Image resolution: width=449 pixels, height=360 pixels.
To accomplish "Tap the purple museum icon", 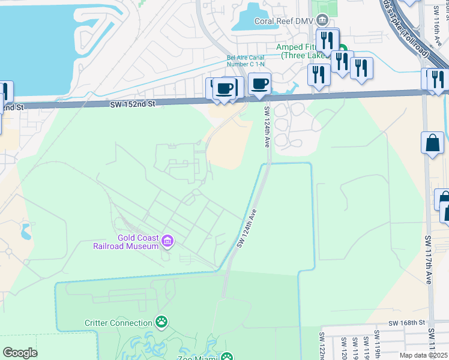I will [x=167, y=242].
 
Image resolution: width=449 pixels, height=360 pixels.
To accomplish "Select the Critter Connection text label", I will [x=118, y=323].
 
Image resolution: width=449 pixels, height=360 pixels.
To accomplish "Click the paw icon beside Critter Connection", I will [x=161, y=323].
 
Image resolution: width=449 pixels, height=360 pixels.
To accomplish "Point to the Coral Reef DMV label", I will [x=284, y=21].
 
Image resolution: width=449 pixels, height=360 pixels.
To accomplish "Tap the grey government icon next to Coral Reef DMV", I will [x=323, y=21].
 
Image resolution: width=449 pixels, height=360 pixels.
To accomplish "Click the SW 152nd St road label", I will [x=133, y=103].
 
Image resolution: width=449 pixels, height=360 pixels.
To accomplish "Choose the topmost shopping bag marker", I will [x=432, y=143].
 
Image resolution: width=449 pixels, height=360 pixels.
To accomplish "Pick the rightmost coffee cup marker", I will [x=259, y=83].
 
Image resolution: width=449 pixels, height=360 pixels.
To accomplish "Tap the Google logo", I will [x=20, y=353].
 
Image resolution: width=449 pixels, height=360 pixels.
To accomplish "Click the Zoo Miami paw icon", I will [x=227, y=357].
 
